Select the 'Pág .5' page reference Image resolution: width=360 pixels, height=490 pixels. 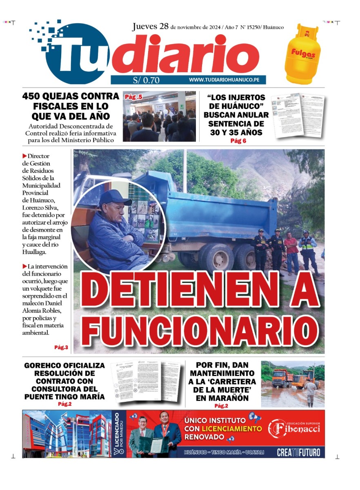(x=133, y=97)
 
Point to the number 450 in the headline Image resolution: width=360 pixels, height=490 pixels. (x=36, y=97)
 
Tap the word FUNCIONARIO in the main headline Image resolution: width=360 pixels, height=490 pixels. (x=200, y=328)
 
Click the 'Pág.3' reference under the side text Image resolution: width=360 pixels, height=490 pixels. (x=61, y=347)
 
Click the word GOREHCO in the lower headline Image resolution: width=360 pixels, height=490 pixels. (x=44, y=365)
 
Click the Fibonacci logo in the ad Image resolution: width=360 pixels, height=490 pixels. (x=293, y=428)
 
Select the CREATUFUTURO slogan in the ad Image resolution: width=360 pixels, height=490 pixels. (x=298, y=452)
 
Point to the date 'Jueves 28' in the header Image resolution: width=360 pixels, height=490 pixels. (x=150, y=27)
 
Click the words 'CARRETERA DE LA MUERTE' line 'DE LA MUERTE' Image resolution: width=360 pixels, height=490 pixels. (x=222, y=390)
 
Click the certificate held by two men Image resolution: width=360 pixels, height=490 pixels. (x=155, y=444)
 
